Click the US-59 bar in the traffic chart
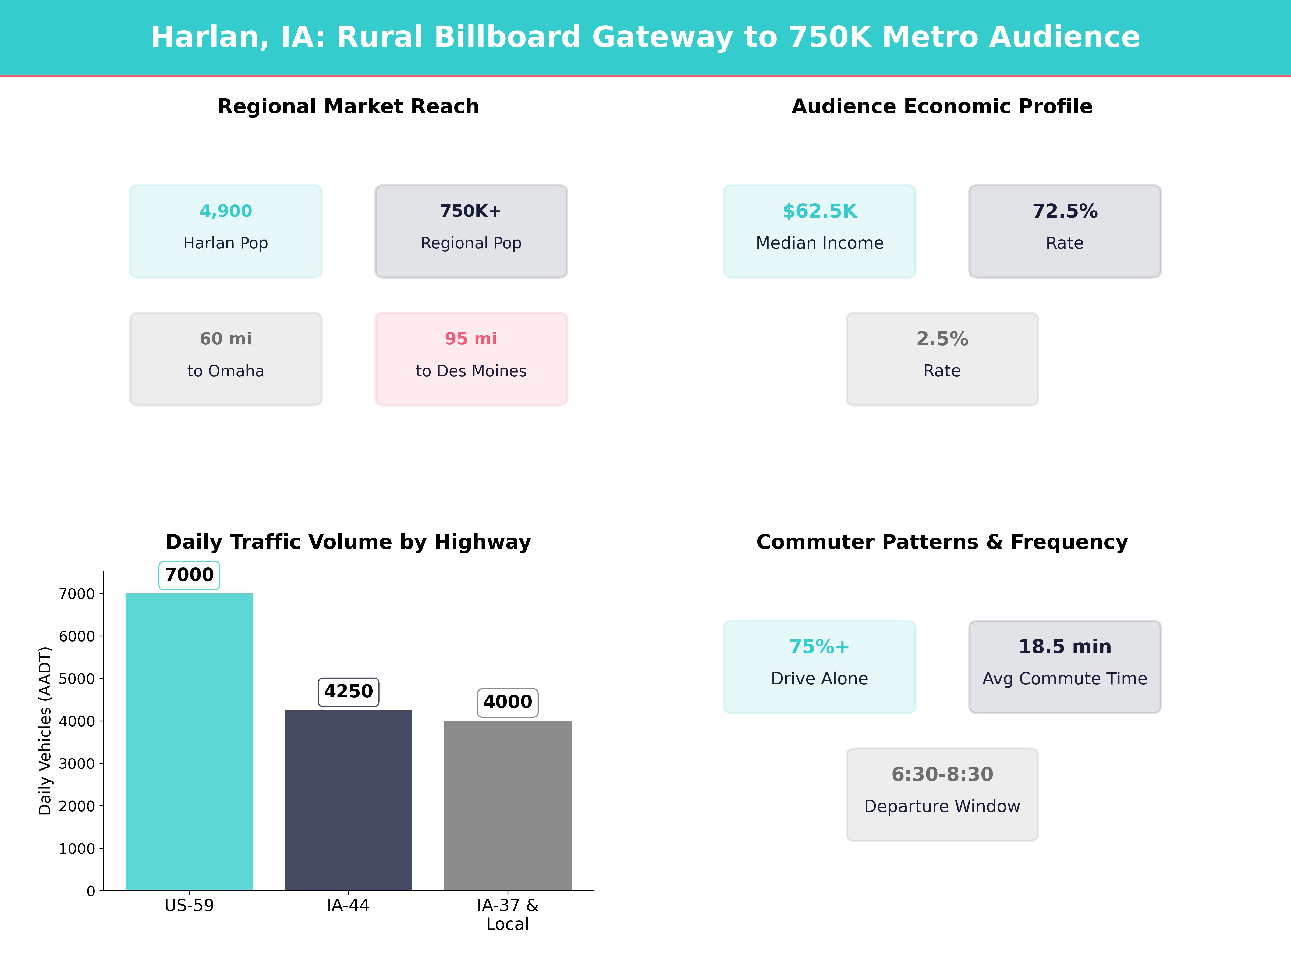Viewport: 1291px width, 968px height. click(189, 741)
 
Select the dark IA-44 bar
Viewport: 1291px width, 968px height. click(348, 799)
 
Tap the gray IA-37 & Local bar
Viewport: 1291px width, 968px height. click(507, 805)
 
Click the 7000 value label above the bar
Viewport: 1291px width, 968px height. click(189, 575)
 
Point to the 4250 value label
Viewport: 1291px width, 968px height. click(348, 691)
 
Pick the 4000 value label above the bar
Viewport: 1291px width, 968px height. click(507, 702)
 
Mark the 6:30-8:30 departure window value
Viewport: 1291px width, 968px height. click(942, 774)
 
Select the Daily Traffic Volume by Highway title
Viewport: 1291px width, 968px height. click(348, 542)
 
